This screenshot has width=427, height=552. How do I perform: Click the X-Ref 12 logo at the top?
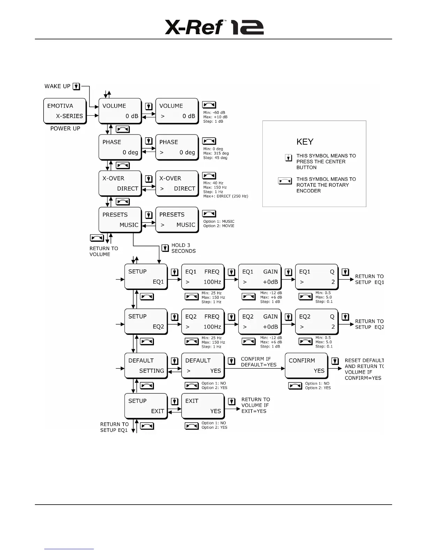tap(214, 27)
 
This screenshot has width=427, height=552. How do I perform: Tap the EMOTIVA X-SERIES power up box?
tap(65, 111)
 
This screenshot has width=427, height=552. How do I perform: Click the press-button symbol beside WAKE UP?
tap(76, 86)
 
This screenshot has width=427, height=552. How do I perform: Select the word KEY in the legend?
tap(305, 142)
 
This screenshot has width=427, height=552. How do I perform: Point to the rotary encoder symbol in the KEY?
tap(285, 181)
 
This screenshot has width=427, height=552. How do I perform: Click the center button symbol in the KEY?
tap(289, 158)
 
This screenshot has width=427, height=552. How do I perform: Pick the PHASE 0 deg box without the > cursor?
tap(120, 147)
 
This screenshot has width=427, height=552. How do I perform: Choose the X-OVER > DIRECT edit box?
tap(177, 183)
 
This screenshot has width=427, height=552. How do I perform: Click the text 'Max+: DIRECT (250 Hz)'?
tap(226, 196)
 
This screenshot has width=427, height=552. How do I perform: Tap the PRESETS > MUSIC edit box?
tap(177, 220)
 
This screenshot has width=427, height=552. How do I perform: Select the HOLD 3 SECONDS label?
tap(183, 248)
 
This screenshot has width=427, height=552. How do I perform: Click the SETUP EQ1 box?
tap(146, 277)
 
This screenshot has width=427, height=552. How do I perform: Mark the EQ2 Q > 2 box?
tap(317, 322)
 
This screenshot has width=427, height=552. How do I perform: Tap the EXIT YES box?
tap(203, 406)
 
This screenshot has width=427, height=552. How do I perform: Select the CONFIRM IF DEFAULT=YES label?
tap(259, 362)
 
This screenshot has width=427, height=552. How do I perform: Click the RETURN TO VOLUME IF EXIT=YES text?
tap(255, 405)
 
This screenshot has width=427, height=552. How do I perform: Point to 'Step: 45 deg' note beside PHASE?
tap(215, 158)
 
